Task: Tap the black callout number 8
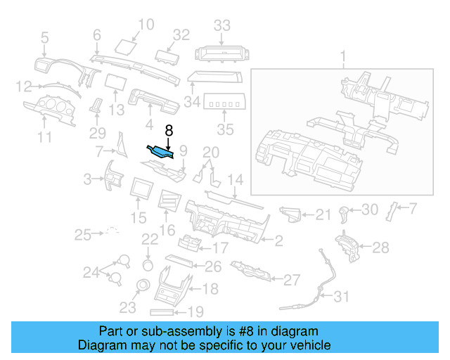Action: tap(169, 130)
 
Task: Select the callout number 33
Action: tap(222, 26)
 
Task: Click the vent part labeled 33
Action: tap(221, 52)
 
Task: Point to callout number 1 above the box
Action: tap(343, 56)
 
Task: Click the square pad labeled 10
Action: tap(126, 47)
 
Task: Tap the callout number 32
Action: tap(181, 34)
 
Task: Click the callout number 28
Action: tap(380, 247)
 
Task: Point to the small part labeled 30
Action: tap(344, 212)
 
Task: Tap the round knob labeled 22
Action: tap(148, 264)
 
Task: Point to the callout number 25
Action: tap(83, 233)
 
